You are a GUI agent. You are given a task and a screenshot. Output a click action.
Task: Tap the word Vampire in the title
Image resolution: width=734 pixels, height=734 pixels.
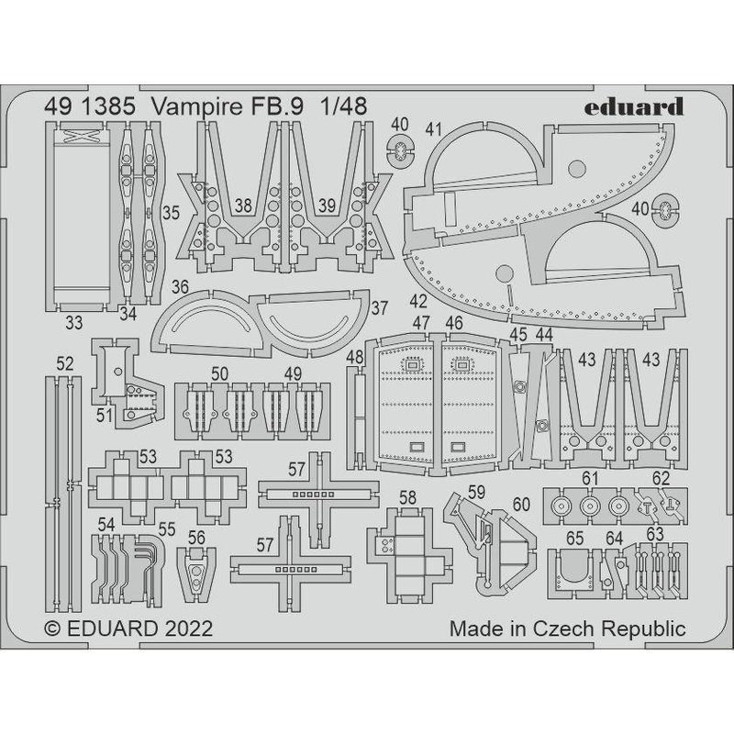199,106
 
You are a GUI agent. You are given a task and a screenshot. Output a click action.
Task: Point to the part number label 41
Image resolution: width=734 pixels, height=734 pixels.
435,128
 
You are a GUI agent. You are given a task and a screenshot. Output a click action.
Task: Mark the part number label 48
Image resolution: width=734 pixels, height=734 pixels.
356,356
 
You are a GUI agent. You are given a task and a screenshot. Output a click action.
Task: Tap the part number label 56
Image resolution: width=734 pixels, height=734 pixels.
195,537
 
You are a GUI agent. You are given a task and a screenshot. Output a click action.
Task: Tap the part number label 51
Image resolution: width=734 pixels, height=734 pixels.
106,416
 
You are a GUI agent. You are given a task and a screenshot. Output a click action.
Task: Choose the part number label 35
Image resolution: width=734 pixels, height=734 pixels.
171,212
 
